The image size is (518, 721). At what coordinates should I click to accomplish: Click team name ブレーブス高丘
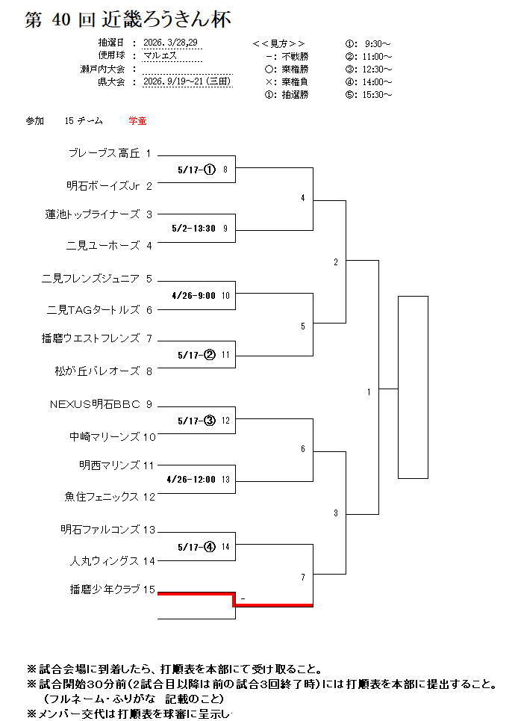pos(104,154)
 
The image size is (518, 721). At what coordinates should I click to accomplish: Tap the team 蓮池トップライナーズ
pos(93,214)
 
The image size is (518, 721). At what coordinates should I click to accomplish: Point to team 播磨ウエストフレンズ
pos(91,338)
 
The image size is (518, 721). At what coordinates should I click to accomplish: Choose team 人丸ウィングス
pos(104,560)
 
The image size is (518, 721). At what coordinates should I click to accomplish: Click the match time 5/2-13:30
pos(193,229)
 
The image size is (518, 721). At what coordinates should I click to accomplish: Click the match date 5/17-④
pos(196,546)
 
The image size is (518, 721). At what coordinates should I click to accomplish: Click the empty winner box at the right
pos(413,387)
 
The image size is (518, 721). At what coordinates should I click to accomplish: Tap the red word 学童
pos(137,120)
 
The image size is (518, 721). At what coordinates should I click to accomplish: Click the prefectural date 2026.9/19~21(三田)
pos(186,81)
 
